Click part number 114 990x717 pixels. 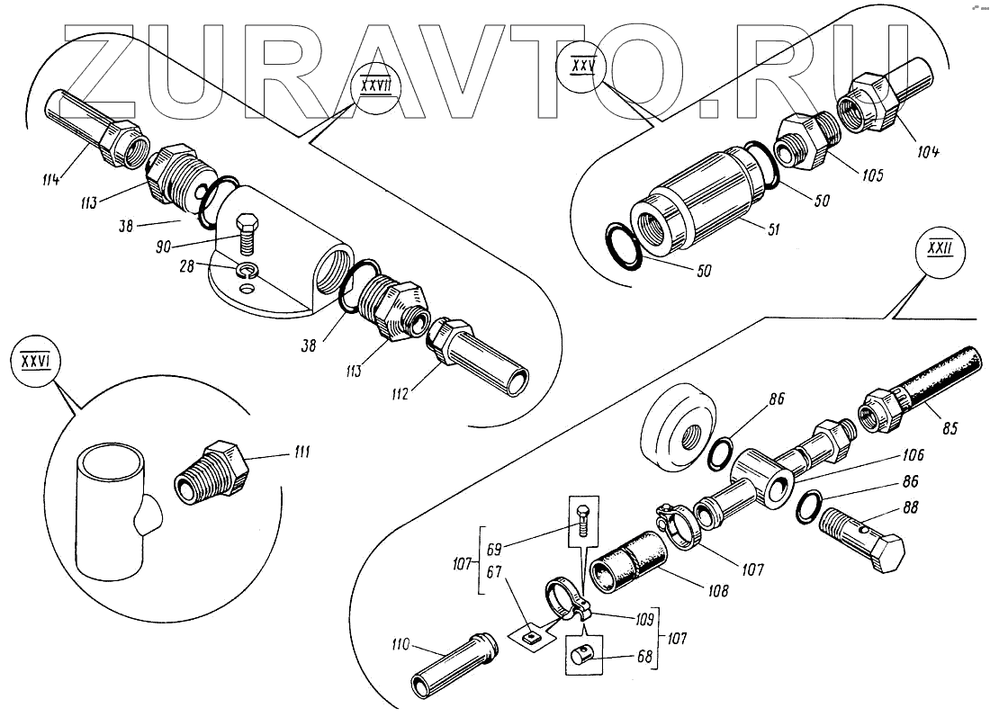click(x=50, y=179)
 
